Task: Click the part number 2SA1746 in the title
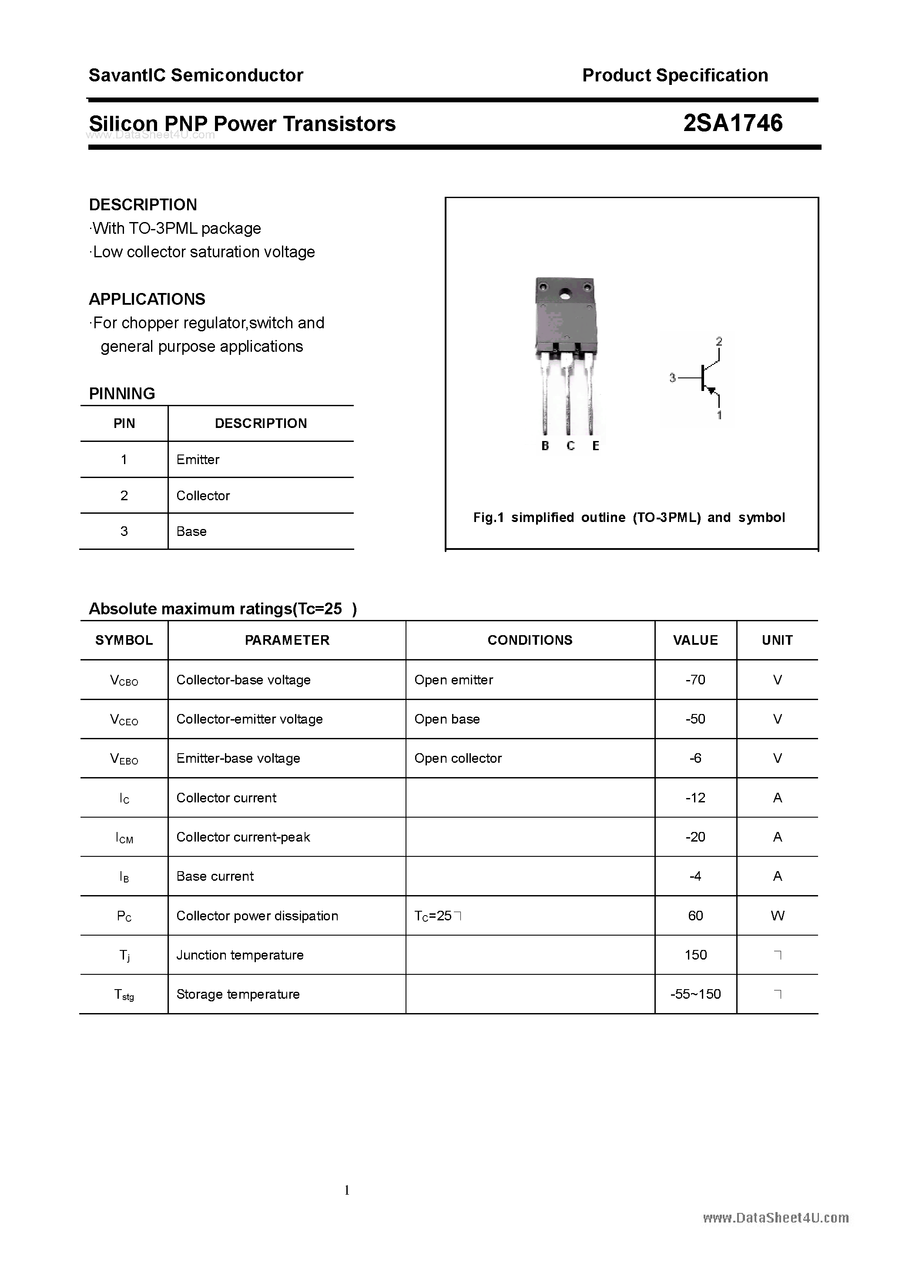click(x=732, y=123)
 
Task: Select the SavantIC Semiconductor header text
click(x=196, y=75)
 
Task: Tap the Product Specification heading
click(x=674, y=75)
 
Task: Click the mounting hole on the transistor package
click(x=565, y=294)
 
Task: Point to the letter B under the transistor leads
click(x=545, y=446)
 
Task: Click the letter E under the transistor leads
click(x=595, y=446)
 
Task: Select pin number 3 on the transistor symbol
click(x=672, y=378)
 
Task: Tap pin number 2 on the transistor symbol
click(x=719, y=341)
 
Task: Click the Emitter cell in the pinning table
click(x=198, y=460)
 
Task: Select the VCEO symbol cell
click(x=124, y=720)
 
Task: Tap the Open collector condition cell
click(x=458, y=758)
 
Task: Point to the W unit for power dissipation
click(x=777, y=916)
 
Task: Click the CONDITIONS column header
click(x=530, y=640)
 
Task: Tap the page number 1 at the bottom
click(x=347, y=1190)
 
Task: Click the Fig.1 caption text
click(x=628, y=517)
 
